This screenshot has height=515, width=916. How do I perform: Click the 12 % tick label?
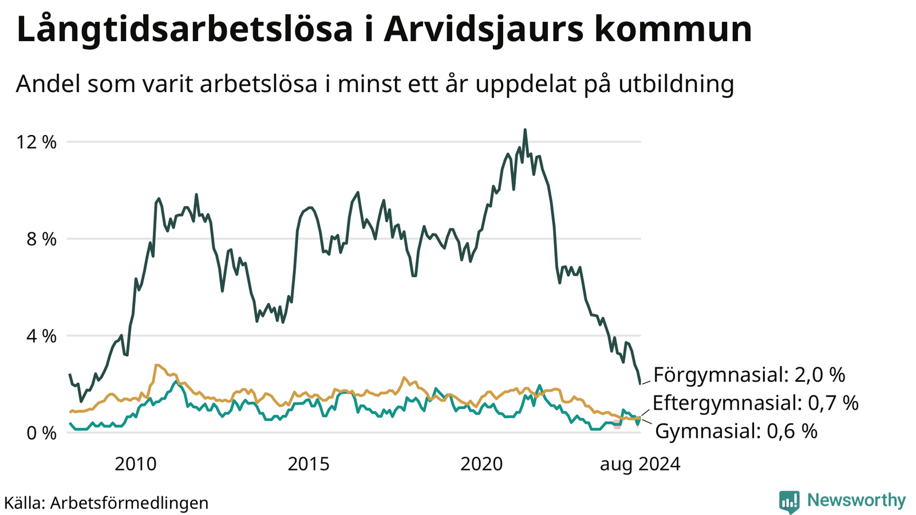pyautogui.click(x=36, y=142)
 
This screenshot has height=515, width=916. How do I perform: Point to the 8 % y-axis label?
pyautogui.click(x=41, y=239)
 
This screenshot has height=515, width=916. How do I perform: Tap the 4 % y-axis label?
pyautogui.click(x=41, y=336)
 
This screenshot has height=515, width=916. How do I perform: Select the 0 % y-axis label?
pyautogui.click(x=41, y=433)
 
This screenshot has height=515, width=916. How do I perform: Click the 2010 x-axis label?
pyautogui.click(x=135, y=464)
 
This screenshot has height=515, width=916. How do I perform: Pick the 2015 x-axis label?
pyautogui.click(x=309, y=464)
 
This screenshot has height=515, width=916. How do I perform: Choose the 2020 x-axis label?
pyautogui.click(x=481, y=464)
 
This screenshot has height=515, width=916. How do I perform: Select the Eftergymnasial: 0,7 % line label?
pyautogui.click(x=755, y=403)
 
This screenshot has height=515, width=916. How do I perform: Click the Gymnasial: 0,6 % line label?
pyautogui.click(x=736, y=431)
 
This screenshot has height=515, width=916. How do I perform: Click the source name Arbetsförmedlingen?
pyautogui.click(x=129, y=503)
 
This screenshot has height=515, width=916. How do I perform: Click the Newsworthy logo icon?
pyautogui.click(x=789, y=501)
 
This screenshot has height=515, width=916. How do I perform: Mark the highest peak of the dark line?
pyautogui.click(x=525, y=129)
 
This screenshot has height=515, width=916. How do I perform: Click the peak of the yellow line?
pyautogui.click(x=156, y=365)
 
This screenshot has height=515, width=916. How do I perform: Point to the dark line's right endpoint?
pyautogui.click(x=641, y=384)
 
